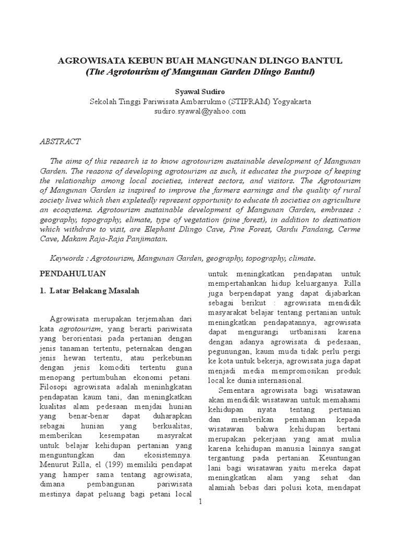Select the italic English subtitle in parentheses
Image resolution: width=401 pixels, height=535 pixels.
200,72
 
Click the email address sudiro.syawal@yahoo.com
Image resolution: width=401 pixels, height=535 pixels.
200,111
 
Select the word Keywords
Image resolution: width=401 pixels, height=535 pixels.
68,258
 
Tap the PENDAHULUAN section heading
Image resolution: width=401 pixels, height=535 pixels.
73,273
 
